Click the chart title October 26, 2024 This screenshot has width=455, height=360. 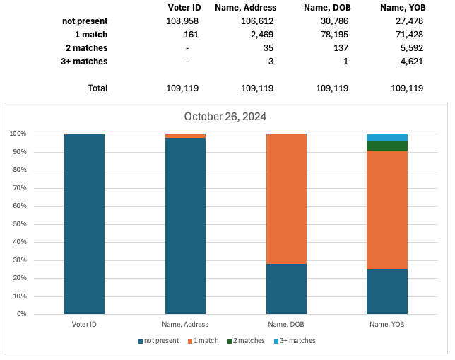point(225,117)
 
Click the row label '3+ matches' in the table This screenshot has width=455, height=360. point(85,62)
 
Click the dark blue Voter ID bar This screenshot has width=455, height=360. point(84,223)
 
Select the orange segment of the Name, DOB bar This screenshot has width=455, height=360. point(286,199)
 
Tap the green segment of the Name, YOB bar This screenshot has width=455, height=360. point(387,146)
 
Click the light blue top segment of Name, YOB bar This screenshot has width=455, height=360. point(387,137)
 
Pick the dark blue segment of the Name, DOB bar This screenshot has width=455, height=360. point(286,289)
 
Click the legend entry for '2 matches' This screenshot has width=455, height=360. point(248,341)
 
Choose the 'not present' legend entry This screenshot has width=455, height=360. point(159,341)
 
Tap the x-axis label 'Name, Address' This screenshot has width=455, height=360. point(185,323)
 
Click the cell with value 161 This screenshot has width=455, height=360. point(193,35)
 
